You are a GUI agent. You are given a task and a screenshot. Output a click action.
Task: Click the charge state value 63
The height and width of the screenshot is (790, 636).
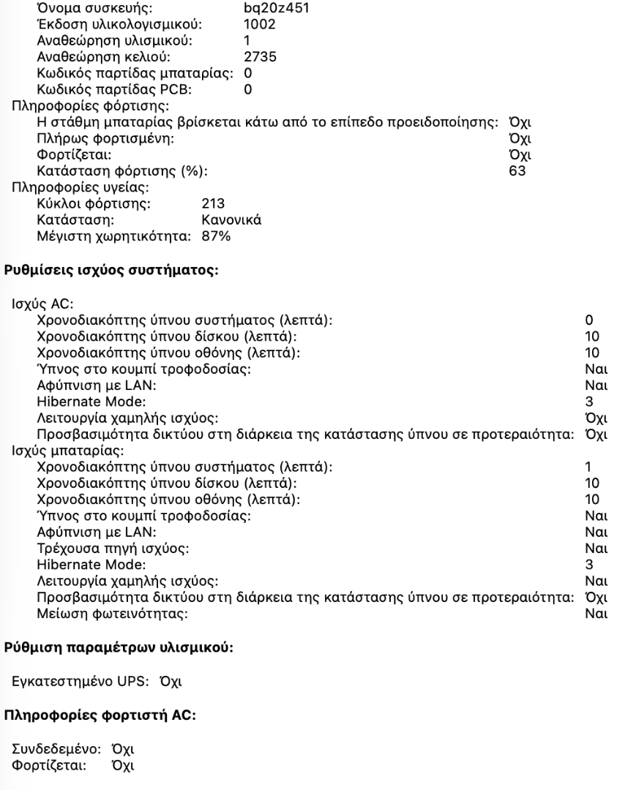(x=517, y=172)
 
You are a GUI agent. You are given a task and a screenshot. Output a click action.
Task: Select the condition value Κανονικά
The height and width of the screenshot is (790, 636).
(x=232, y=219)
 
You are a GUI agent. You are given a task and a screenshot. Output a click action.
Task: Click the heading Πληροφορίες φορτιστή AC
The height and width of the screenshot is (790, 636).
(x=101, y=715)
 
